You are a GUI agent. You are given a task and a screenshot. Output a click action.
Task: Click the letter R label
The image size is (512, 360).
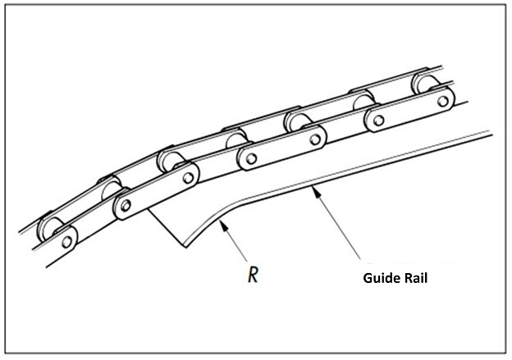click(254, 273)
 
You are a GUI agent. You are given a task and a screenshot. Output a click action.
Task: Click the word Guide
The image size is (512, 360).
click(382, 278)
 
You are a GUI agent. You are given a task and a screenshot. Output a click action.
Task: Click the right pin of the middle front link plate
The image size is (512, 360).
click(312, 140)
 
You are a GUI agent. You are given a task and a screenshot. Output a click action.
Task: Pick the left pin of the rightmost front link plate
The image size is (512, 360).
click(378, 121)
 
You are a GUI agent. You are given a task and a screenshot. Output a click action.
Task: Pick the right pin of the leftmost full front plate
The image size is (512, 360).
click(189, 176)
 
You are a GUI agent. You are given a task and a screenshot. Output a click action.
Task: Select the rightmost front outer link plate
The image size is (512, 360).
click(411, 111)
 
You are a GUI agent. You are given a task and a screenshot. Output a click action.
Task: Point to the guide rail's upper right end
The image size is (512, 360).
click(487, 131)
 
